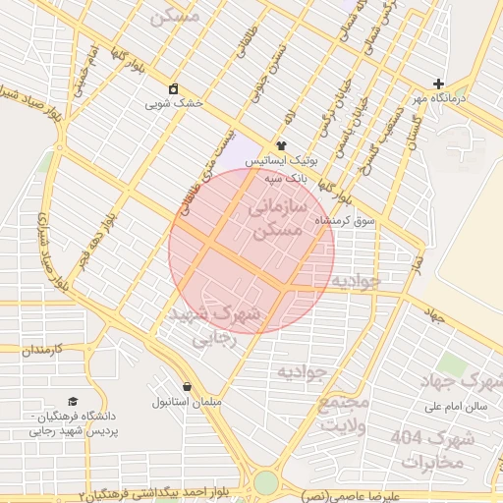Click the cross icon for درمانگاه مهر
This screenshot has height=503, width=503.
pyautogui.click(x=438, y=84)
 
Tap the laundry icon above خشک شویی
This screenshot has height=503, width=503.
pyautogui.click(x=174, y=88)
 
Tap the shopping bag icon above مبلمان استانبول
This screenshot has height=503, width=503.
pyautogui.click(x=187, y=386)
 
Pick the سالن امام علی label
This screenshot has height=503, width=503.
pyautogui.click(x=456, y=406)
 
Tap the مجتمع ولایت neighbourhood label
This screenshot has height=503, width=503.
pyautogui.click(x=343, y=414)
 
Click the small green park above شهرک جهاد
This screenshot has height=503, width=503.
pyautogui.click(x=451, y=364)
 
